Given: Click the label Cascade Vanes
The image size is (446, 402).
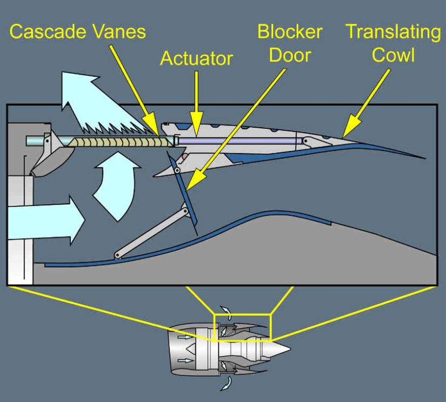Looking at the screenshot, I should coord(78,31).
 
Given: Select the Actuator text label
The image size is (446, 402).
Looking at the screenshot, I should coord(196,58).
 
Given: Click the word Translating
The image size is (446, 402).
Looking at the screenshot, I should coord(393,31).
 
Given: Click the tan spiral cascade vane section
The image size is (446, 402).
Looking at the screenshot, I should coord(119,142).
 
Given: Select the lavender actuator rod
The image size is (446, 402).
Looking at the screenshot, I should coord(238,141).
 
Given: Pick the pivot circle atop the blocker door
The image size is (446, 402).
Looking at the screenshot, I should coord(177,171).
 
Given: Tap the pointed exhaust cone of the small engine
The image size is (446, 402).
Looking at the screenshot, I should coord(278,346).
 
